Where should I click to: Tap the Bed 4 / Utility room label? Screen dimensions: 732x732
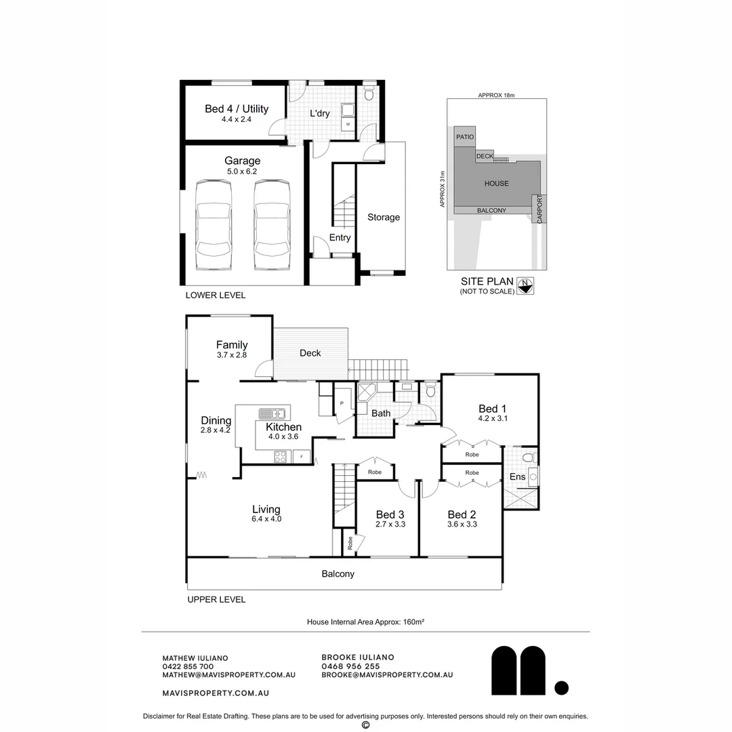(x=237, y=109)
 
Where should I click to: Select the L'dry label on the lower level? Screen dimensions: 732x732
(x=320, y=113)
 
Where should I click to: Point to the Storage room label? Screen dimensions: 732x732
(x=384, y=218)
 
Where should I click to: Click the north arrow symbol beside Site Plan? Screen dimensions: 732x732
(x=525, y=285)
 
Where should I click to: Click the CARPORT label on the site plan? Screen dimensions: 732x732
(x=540, y=209)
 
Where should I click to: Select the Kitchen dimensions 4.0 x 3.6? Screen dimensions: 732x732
(x=283, y=437)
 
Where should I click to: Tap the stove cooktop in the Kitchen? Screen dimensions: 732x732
(x=281, y=457)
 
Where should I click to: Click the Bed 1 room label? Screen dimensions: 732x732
(x=493, y=409)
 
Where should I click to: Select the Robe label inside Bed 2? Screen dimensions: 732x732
(x=472, y=472)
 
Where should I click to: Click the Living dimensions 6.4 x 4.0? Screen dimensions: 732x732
(x=266, y=519)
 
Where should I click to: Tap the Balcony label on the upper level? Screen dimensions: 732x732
(x=338, y=574)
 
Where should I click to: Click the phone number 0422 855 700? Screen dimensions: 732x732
(x=188, y=666)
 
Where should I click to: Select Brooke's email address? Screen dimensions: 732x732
(x=387, y=675)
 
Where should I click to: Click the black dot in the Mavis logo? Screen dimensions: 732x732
(x=561, y=688)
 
